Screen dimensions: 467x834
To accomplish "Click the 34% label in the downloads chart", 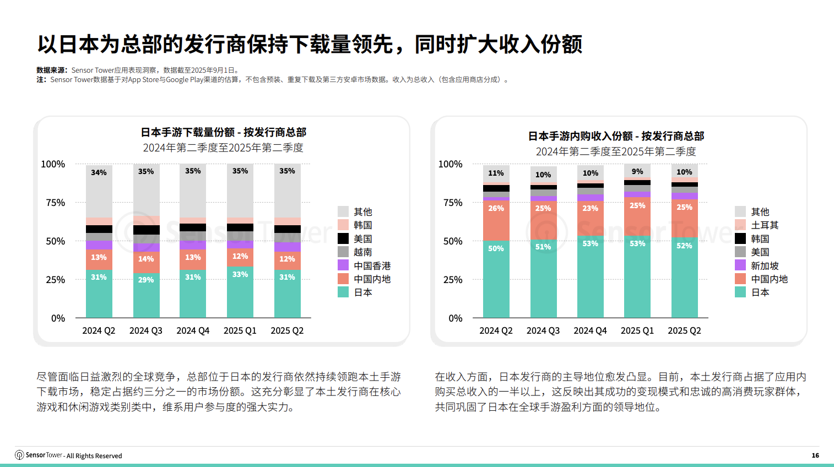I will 99,172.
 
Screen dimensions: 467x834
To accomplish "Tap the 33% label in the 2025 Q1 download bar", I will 240,274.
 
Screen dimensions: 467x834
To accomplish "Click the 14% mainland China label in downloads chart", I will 146,259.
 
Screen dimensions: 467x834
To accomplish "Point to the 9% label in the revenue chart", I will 637,172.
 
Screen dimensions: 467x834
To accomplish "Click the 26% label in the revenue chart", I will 496,208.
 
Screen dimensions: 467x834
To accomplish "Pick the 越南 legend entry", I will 362,252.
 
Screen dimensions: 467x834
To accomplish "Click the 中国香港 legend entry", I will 372,265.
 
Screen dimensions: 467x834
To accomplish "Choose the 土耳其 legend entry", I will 765,225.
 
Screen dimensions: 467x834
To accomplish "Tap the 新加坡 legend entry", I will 765,265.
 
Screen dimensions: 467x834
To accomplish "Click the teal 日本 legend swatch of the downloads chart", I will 343,292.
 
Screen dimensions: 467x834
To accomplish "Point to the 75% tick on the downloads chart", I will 55,203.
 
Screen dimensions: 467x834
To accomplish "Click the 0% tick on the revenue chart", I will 456,318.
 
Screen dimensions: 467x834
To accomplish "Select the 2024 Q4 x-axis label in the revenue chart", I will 590,330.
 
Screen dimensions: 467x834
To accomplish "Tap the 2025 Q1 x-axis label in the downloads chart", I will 240,330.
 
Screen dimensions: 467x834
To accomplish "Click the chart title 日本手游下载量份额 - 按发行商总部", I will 223,132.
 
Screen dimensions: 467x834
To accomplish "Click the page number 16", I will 815,455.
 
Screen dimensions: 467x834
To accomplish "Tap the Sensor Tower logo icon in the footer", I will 19,455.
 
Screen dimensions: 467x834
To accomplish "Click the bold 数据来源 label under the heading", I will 51,70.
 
